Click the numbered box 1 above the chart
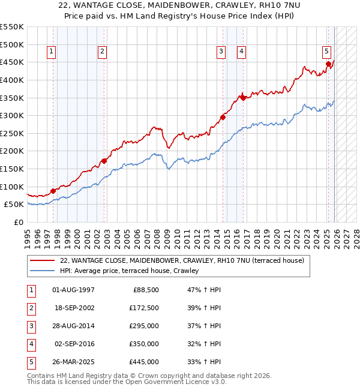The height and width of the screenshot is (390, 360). click(x=52, y=52)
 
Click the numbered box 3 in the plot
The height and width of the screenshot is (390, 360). click(x=221, y=52)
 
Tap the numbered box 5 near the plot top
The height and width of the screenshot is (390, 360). click(x=326, y=52)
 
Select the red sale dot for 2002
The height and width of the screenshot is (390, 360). click(x=104, y=161)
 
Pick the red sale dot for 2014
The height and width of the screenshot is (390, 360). click(x=223, y=118)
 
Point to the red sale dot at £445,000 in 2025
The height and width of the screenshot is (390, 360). click(x=328, y=64)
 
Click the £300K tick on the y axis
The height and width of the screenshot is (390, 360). click(x=11, y=115)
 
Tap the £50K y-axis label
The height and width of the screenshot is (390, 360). click(x=14, y=205)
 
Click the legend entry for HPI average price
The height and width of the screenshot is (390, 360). click(x=133, y=271)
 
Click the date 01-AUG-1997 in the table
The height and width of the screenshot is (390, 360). click(x=73, y=290)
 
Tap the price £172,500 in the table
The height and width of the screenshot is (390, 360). click(x=143, y=308)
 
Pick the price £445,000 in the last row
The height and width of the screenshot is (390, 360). click(x=143, y=362)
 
